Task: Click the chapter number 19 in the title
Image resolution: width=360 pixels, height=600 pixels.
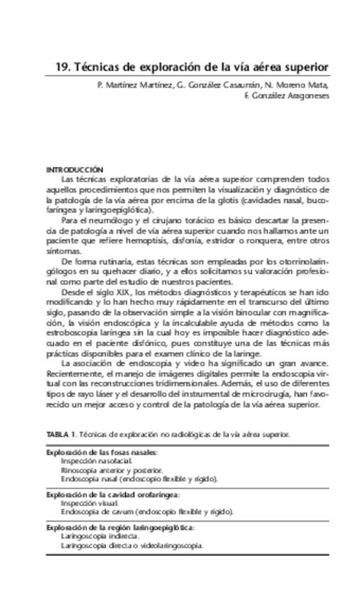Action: click(x=62, y=68)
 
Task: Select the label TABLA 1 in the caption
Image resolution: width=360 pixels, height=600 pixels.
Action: click(x=61, y=434)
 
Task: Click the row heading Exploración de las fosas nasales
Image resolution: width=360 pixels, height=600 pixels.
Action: click(x=102, y=451)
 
